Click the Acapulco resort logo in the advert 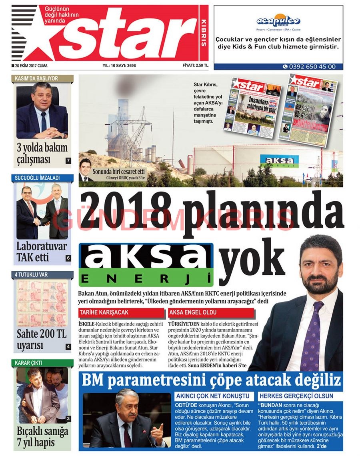pos(278,20)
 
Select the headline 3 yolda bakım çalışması pos(42,153)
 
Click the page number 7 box pos(68,161)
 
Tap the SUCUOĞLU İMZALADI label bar pos(42,178)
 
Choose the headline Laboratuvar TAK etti pos(41,251)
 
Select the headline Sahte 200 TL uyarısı pos(41,340)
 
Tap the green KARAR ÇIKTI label pos(42,363)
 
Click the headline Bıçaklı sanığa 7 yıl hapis pos(42,437)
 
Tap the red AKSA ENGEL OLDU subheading pos(211,312)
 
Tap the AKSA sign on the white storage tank pos(279,160)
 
